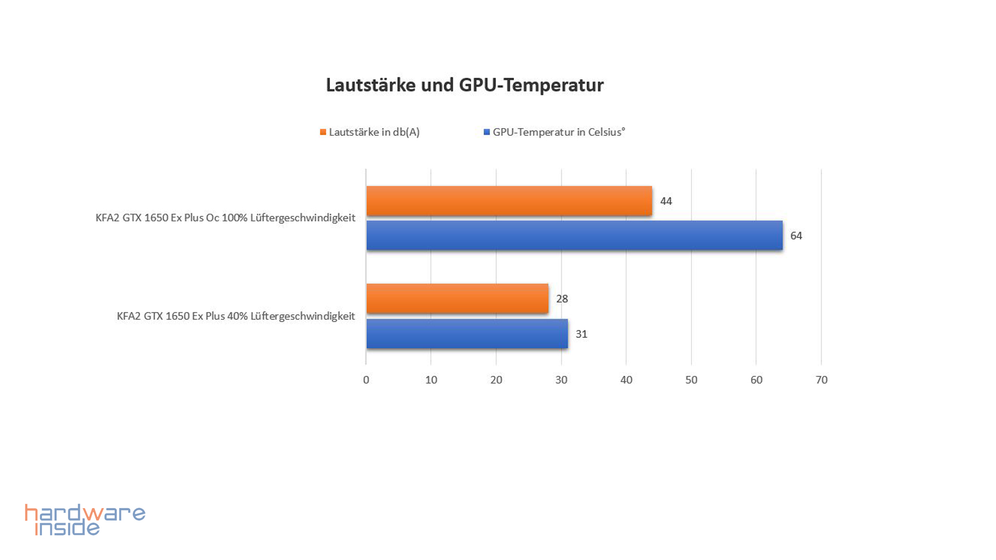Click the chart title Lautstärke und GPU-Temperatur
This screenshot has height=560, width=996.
point(464,85)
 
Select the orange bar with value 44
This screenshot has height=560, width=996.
point(509,201)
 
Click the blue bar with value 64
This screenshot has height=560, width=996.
point(574,235)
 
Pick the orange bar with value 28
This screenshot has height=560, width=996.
point(457,299)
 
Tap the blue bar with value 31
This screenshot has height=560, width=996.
point(467,333)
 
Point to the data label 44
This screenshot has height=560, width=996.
point(666,201)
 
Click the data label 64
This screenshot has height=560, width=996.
point(796,236)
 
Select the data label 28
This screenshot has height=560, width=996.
point(562,299)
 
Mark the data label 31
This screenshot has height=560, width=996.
point(581,334)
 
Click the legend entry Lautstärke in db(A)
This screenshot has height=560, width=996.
point(374,132)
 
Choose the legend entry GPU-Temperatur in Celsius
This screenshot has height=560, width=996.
point(559,132)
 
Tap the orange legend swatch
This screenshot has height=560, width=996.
point(323,132)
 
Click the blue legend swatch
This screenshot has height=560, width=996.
point(487,132)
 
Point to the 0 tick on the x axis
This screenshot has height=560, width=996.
point(366,380)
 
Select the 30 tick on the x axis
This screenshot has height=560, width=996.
point(561,380)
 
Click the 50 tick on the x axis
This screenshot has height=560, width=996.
point(691,380)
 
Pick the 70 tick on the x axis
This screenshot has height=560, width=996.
point(821,380)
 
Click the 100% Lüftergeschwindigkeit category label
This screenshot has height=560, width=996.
point(225,218)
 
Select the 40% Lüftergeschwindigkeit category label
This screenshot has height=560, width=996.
point(236,316)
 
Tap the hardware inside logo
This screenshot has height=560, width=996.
point(85,520)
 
